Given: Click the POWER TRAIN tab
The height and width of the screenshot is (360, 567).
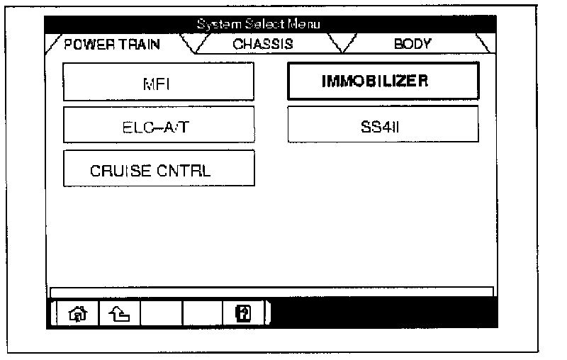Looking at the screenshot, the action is pos(111,44).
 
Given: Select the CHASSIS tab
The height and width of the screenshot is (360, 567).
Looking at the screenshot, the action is pos(263,44).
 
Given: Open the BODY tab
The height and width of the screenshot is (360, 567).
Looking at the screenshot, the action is pos(412,44).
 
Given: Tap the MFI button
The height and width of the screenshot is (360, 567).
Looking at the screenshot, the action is pos(158,82).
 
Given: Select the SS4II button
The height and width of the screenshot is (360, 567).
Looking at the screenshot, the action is pos(383,125).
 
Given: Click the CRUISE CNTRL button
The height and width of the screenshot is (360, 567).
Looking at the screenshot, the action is pos(159,169).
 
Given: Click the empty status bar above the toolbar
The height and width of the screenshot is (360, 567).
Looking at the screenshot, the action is pos(271,291).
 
